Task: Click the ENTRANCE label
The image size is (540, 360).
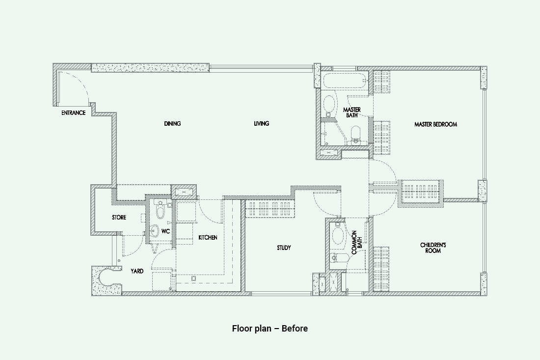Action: click(x=73, y=112)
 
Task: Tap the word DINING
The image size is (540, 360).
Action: click(x=172, y=123)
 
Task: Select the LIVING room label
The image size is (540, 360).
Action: click(x=261, y=123)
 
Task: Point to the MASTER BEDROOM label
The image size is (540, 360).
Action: click(x=435, y=124)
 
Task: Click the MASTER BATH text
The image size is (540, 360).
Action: click(x=351, y=112)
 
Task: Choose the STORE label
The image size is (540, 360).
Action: click(x=119, y=218)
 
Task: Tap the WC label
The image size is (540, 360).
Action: click(x=165, y=231)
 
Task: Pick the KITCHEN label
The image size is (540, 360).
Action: click(x=208, y=237)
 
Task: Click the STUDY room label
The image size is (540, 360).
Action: click(x=284, y=248)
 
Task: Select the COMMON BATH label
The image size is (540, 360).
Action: click(x=356, y=243)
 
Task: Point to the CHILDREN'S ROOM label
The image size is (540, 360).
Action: click(x=433, y=248)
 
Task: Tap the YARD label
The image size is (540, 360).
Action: click(x=137, y=271)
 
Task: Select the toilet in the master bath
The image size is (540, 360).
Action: click(x=355, y=135)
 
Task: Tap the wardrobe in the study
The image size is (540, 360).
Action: click(x=270, y=209)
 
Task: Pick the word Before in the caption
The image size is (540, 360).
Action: click(x=295, y=328)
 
